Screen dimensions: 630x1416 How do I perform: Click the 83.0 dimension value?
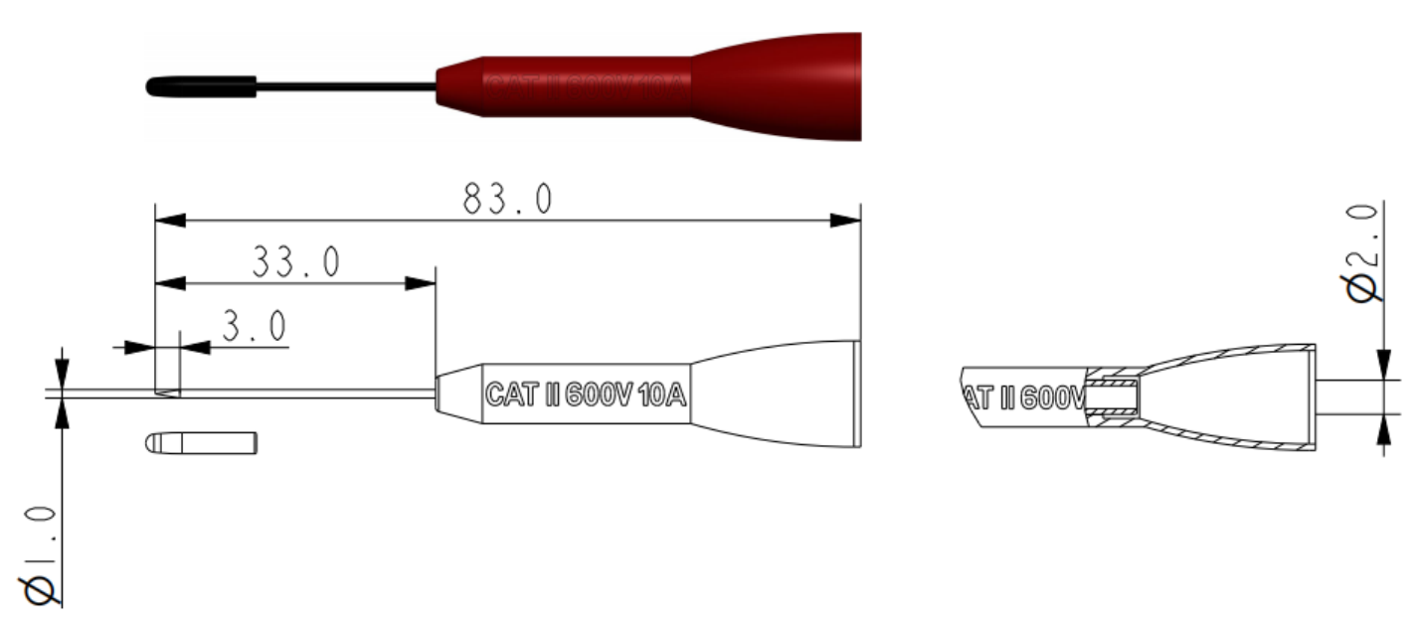[x=506, y=200]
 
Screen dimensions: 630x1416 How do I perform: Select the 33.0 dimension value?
[x=295, y=262]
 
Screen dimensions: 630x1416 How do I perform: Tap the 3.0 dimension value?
[x=254, y=326]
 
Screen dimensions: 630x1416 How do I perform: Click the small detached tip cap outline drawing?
[x=202, y=442]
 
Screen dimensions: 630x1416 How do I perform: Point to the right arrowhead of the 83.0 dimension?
[x=845, y=220]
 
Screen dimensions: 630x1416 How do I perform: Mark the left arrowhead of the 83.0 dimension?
[x=170, y=220]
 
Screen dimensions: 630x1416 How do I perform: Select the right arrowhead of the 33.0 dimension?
[x=422, y=283]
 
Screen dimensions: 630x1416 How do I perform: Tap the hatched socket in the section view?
[x=1111, y=397]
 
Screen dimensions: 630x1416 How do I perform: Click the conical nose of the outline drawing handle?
[x=459, y=394]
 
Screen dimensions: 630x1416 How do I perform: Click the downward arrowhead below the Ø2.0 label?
[x=1383, y=365]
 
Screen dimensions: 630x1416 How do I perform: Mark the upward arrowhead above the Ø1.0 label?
[x=62, y=413]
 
